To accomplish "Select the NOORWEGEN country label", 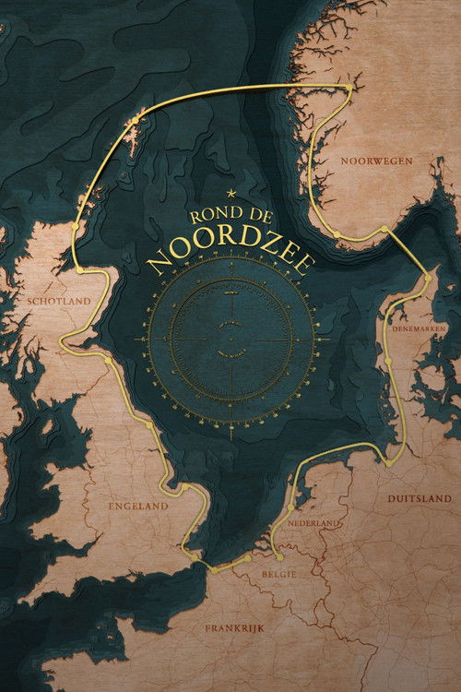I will pos(375,161).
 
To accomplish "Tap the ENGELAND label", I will pos(138,506).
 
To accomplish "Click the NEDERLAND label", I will pos(315,523).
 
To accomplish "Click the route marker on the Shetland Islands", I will pos(135,120).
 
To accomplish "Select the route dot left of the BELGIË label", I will pos(249,558).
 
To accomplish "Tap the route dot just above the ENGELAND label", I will pos(184,486).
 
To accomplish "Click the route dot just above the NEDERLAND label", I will pos(291,507).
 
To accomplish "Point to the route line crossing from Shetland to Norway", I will pos(240,89).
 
